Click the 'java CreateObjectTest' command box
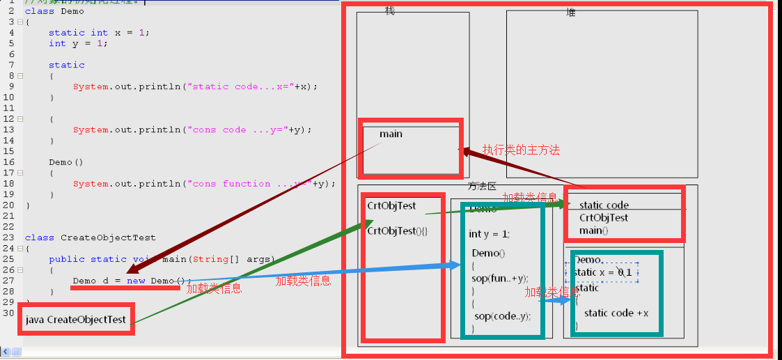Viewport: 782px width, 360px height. coord(76,320)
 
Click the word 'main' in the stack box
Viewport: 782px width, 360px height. coord(391,134)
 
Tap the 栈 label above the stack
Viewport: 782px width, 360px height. coord(390,12)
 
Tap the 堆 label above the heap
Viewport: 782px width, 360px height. coord(571,13)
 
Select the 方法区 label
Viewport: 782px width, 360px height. coord(482,187)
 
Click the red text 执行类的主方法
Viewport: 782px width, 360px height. coord(521,150)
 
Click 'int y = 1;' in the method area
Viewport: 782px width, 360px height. coord(490,234)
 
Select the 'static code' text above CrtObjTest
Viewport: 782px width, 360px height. coord(604,205)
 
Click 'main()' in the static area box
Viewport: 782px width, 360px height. coord(593,230)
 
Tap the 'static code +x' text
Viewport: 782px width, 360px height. coord(616,313)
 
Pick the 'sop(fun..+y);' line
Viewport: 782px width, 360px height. coord(500,278)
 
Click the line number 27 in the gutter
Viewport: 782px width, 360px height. coord(10,281)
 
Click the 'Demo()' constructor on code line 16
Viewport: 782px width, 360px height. coord(65,162)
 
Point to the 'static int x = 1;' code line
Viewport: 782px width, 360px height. coord(99,33)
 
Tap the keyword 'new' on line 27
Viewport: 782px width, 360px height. coord(136,281)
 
